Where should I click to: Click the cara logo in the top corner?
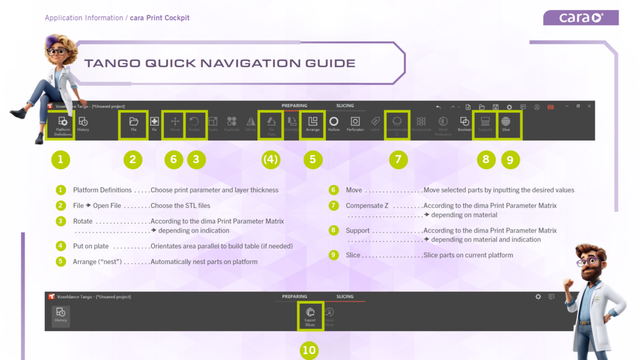(x=580, y=18)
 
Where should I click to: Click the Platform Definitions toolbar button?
(x=62, y=125)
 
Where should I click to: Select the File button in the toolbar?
(x=133, y=124)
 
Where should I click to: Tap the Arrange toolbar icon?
(x=312, y=124)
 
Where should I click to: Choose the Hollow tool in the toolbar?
(x=333, y=124)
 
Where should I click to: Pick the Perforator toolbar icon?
(x=355, y=124)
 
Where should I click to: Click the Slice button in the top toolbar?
(x=506, y=124)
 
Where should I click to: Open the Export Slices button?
(x=310, y=315)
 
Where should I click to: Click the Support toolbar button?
(x=485, y=124)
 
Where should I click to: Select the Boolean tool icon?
(x=464, y=124)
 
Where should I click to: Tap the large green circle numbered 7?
(x=398, y=159)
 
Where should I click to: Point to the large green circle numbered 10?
(x=309, y=350)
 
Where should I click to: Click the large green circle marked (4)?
(x=270, y=159)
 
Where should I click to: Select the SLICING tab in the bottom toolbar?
(x=344, y=296)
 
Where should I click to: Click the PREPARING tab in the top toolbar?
(x=294, y=106)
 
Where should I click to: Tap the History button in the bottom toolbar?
(x=61, y=315)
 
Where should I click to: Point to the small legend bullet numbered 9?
(x=333, y=255)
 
